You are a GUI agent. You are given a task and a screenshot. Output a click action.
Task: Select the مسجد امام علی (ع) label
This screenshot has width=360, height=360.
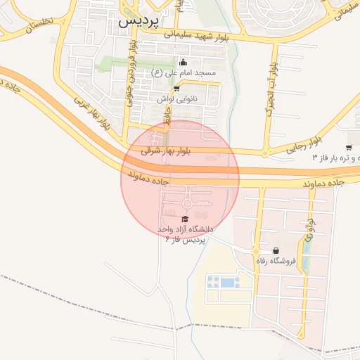coord(184,72)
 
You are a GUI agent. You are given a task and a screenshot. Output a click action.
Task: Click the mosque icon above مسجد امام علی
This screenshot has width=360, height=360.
coord(184,62)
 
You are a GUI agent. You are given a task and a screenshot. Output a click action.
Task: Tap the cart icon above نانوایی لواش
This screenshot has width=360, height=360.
coord(176,89)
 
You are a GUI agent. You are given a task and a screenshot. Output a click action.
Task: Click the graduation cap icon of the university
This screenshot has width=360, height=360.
coord(185,219)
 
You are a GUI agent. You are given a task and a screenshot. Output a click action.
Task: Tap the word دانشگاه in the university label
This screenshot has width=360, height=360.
coord(198,230)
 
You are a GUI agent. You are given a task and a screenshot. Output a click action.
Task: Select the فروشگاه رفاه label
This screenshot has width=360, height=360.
coord(276,262)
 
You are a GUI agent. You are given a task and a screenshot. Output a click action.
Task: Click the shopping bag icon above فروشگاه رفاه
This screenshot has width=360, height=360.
coord(276,250)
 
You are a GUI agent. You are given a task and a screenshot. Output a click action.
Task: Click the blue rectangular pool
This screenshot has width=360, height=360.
coord(229,282)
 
